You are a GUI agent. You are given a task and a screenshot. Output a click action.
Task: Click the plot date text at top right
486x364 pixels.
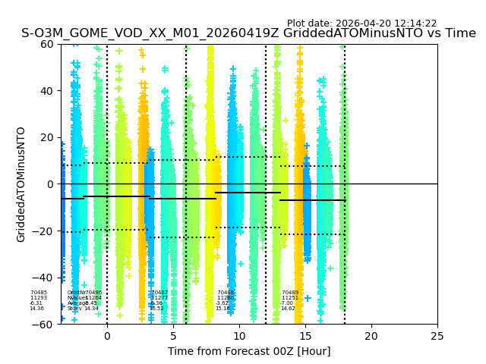[x=361, y=24]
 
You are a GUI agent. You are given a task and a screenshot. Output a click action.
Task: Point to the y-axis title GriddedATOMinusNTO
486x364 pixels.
[x=21, y=184]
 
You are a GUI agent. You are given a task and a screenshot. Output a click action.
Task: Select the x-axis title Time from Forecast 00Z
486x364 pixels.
[x=249, y=351]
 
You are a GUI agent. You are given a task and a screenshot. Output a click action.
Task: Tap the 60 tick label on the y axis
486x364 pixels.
[x=47, y=44]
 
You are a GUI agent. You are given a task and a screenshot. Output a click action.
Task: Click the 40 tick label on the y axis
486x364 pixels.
[x=47, y=91]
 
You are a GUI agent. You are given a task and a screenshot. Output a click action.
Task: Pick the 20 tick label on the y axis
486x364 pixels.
[x=47, y=137]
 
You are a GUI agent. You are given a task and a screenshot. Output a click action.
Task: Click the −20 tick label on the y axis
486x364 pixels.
[x=44, y=231]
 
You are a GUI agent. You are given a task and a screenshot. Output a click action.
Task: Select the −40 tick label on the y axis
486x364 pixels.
[x=44, y=278]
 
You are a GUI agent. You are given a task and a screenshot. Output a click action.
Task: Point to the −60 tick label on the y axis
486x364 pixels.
[x=44, y=325]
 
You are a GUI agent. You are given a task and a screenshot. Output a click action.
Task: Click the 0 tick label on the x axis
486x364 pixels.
[x=107, y=336]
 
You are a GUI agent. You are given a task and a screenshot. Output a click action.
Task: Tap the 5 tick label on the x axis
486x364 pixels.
[x=173, y=336]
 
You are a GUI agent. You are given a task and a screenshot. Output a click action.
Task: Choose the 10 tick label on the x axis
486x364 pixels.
[x=239, y=336]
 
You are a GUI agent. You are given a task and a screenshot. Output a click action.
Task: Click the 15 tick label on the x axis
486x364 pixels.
[x=305, y=336]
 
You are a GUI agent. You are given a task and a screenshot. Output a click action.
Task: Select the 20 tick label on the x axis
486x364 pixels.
[x=371, y=336]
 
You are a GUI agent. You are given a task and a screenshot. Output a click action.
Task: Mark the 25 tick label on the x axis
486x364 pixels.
[x=437, y=336]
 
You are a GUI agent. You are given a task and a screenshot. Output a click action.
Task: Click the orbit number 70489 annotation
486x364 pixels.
[x=290, y=293]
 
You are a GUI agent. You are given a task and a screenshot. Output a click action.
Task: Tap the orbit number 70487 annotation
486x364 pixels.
[x=159, y=293]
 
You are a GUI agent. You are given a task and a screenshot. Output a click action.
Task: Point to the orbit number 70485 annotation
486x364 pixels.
[x=39, y=293]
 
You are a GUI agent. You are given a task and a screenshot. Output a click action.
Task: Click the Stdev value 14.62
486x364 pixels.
[x=288, y=309]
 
